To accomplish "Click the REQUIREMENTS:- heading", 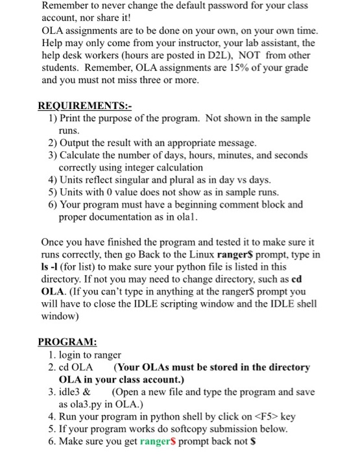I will [x=76, y=106].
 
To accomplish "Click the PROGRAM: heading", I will [x=67, y=342].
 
